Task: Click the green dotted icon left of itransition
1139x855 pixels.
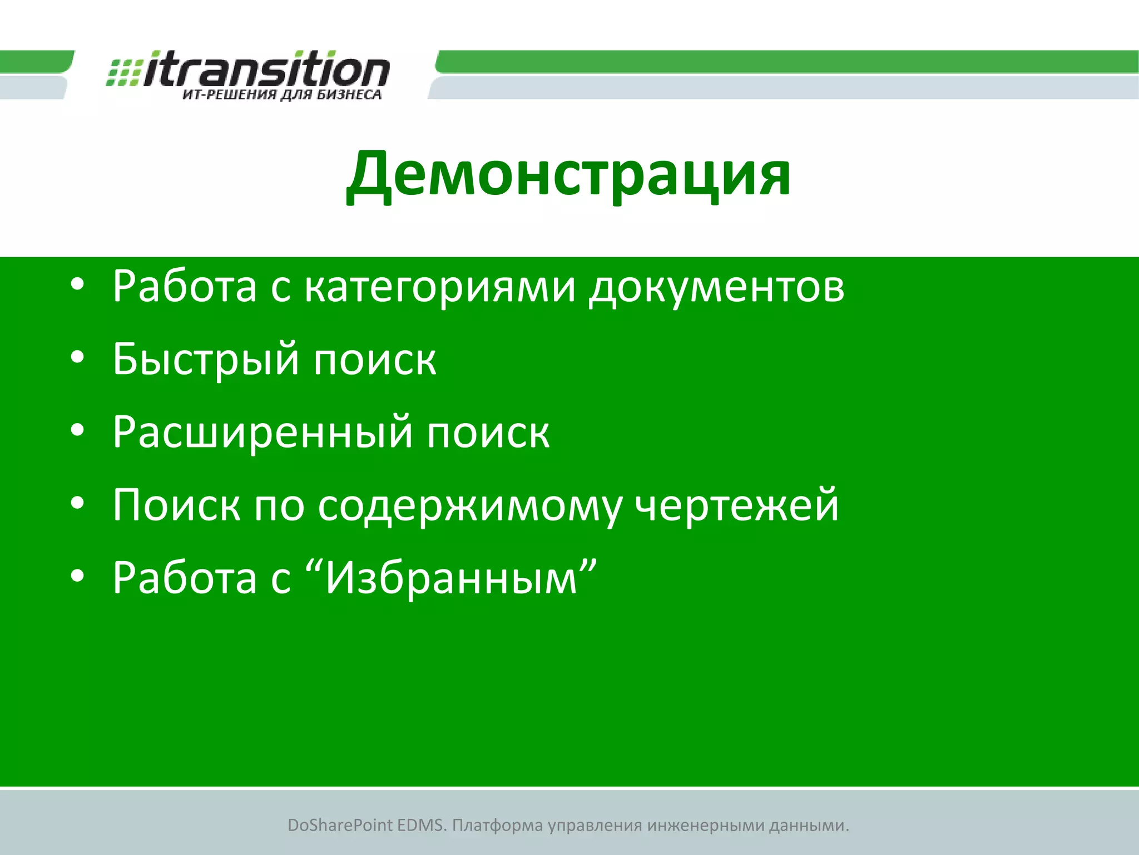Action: coord(123,72)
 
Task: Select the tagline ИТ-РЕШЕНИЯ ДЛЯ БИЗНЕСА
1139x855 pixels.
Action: coord(282,95)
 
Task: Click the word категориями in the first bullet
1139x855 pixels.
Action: coord(440,287)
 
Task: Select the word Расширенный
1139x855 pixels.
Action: coord(263,433)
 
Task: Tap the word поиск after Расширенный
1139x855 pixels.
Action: coord(488,433)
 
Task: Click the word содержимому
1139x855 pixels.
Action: coord(470,506)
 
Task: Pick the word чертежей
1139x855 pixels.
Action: coord(736,506)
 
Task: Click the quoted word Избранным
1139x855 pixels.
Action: coord(451,578)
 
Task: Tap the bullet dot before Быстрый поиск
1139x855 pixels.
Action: coord(77,357)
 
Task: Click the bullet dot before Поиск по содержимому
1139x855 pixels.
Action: coord(77,503)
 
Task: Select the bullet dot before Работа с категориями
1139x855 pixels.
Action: coord(77,284)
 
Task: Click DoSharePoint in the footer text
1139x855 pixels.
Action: coord(340,825)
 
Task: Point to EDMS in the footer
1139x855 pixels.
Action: coord(422,825)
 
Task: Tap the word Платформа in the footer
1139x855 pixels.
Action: coord(497,825)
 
